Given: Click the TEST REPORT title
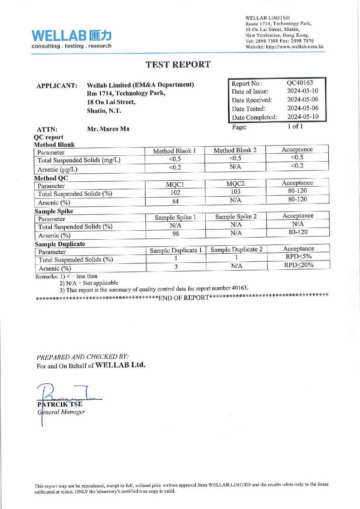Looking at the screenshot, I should [x=180, y=64].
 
